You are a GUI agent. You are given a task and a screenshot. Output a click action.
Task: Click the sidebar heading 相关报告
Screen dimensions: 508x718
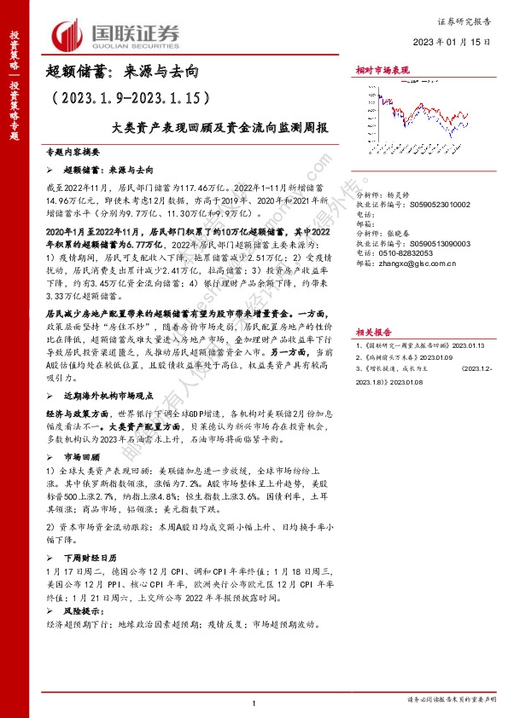tap(374, 308)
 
